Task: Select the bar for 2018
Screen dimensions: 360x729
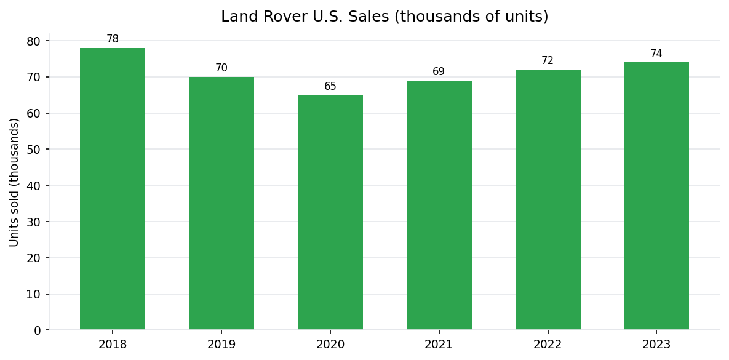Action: pyautogui.click(x=113, y=189)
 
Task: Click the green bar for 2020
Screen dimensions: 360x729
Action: pyautogui.click(x=330, y=212)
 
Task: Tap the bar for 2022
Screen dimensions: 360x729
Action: pyautogui.click(x=548, y=200)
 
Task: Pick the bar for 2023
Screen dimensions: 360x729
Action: pyautogui.click(x=656, y=196)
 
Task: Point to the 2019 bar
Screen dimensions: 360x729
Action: pyautogui.click(x=221, y=203)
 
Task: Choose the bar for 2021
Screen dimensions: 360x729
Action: pyautogui.click(x=439, y=205)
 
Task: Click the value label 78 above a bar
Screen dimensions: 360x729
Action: pyautogui.click(x=113, y=39)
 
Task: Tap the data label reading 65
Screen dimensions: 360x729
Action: pyautogui.click(x=330, y=87)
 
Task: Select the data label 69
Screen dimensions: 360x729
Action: pyautogui.click(x=439, y=72)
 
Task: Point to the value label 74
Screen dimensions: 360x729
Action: pyautogui.click(x=656, y=54)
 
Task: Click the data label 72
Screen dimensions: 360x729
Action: pyautogui.click(x=548, y=61)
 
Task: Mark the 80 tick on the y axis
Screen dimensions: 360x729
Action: pyautogui.click(x=34, y=41)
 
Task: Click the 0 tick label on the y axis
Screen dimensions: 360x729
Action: pyautogui.click(x=38, y=330)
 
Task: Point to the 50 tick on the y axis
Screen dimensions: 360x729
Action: pyautogui.click(x=34, y=150)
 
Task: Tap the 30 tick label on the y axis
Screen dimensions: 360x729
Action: pyautogui.click(x=34, y=222)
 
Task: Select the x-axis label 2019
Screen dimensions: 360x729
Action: pyautogui.click(x=221, y=345)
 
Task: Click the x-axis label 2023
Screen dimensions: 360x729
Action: pyautogui.click(x=656, y=345)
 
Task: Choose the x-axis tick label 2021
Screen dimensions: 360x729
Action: pyautogui.click(x=439, y=345)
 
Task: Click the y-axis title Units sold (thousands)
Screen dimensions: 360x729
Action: pyautogui.click(x=15, y=182)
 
